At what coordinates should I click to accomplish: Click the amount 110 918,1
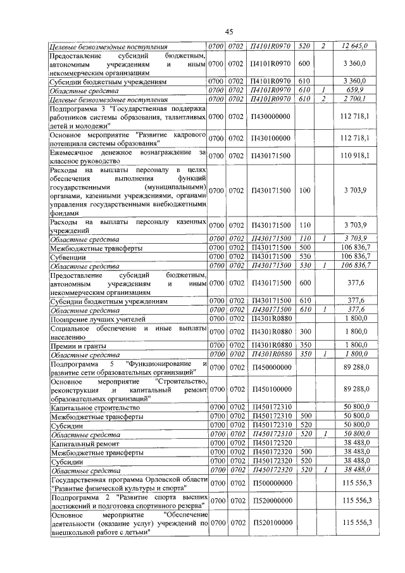355,156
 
